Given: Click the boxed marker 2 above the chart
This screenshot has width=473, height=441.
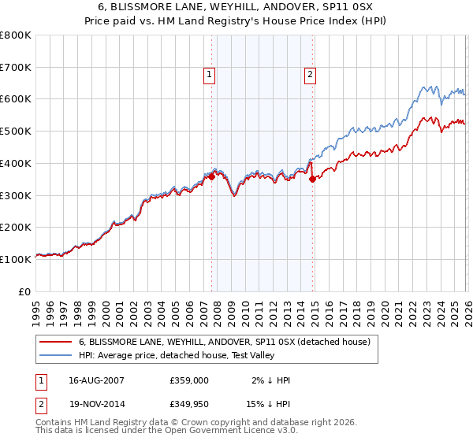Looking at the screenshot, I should (311, 75).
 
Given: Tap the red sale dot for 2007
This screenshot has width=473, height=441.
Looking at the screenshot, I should (211, 176).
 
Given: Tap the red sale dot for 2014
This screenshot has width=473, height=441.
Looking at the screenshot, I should (312, 179).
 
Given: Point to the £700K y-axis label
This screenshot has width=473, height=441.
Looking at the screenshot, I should (16, 68).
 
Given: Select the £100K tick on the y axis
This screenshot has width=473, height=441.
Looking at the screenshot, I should (16, 259).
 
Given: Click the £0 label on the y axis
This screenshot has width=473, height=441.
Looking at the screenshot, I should (24, 291).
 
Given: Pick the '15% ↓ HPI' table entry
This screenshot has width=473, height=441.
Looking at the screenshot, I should (266, 404).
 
